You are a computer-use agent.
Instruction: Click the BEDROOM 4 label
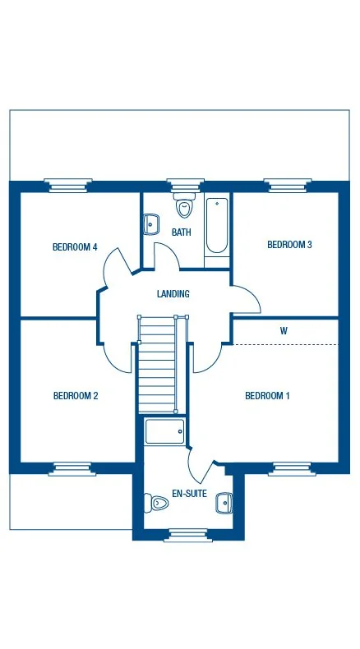point(75,246)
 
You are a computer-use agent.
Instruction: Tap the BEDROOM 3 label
point(288,244)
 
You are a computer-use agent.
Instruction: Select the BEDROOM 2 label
point(76,396)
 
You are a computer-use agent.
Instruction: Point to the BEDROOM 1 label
point(267,396)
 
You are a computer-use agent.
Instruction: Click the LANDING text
point(173,294)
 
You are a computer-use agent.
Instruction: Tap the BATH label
point(181,232)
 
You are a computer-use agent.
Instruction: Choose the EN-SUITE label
point(190,495)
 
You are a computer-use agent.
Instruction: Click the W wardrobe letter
point(284,331)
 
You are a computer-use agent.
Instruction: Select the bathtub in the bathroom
point(217,224)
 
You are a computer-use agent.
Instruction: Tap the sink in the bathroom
point(151,223)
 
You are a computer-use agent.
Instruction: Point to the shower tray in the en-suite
point(164,431)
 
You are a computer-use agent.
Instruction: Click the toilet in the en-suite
point(155,500)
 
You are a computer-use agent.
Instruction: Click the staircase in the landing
point(157,366)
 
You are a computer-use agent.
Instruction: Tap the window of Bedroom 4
point(68,186)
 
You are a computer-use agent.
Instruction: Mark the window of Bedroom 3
point(288,186)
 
